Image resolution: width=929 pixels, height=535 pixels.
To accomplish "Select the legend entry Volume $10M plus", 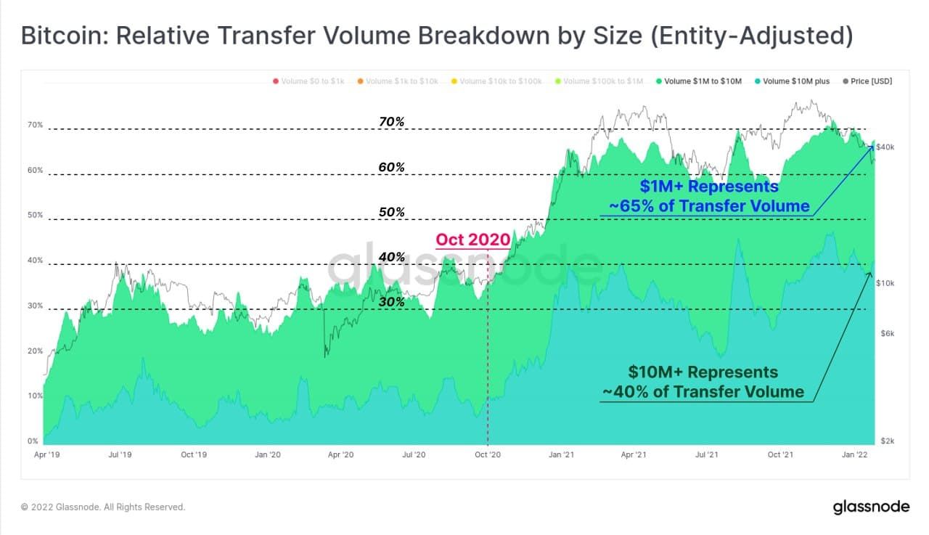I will pyautogui.click(x=796, y=81).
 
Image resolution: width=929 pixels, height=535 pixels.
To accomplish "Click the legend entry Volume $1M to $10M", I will pyautogui.click(x=702, y=81).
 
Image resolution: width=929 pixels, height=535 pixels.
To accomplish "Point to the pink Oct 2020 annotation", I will pyautogui.click(x=472, y=240).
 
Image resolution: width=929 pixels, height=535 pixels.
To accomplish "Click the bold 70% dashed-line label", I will pyautogui.click(x=391, y=122).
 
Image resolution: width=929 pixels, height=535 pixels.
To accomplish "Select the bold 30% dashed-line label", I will pyautogui.click(x=391, y=302).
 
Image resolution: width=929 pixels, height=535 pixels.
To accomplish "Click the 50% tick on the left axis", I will pyautogui.click(x=36, y=216).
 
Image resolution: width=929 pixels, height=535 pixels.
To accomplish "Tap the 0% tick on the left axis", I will pyautogui.click(x=33, y=441).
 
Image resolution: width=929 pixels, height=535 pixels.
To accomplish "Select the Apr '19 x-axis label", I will pyautogui.click(x=46, y=455).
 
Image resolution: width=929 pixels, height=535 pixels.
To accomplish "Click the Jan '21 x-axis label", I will pyautogui.click(x=561, y=455).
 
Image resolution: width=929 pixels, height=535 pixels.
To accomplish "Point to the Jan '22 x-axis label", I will pyautogui.click(x=855, y=455).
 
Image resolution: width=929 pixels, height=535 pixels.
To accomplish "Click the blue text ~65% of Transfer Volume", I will pyautogui.click(x=709, y=206).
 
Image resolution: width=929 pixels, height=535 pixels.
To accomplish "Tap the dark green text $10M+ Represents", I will pyautogui.click(x=703, y=372).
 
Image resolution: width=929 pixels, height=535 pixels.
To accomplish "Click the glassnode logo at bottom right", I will pyautogui.click(x=869, y=506).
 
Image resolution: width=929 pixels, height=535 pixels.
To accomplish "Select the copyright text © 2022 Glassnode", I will pyautogui.click(x=103, y=507).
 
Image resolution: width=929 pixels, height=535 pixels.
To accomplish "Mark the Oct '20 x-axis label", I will pyautogui.click(x=487, y=455).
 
